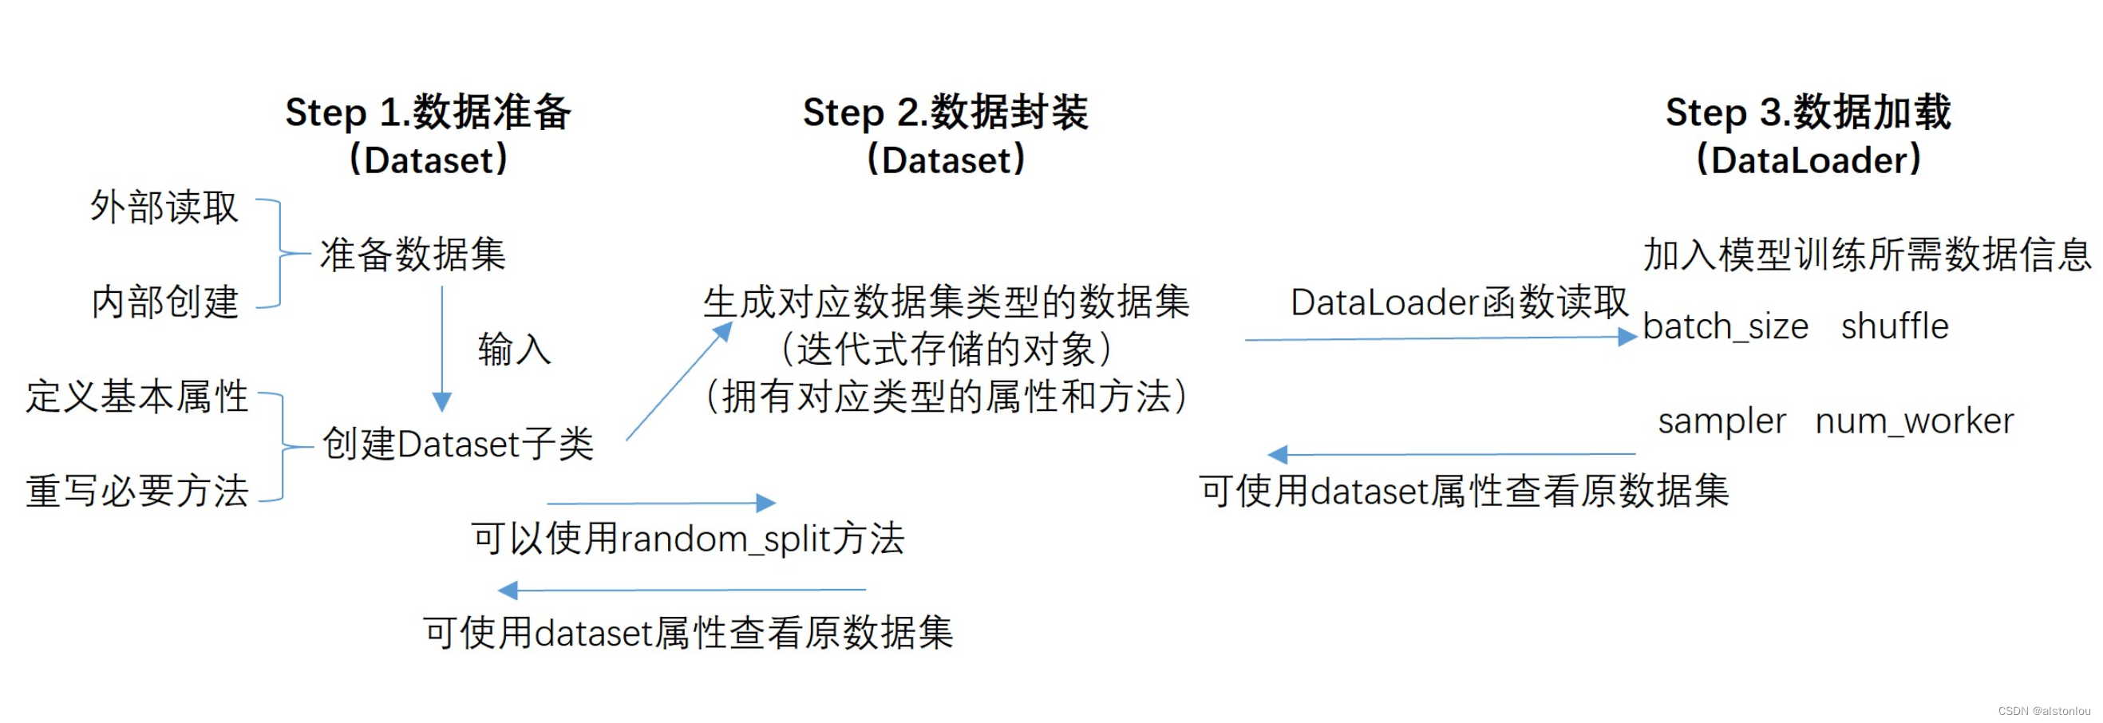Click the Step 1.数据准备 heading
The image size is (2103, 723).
428,113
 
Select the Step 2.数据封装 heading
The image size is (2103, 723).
946,113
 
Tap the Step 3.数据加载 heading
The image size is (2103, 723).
1809,113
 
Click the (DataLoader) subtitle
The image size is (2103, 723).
1809,160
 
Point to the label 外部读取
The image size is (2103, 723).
164,207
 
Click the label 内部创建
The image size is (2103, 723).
165,302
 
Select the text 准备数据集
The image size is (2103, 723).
413,255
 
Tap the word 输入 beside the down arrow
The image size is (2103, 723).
514,350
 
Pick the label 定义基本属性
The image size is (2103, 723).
137,397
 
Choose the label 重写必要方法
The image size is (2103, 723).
137,492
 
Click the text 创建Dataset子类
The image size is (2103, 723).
458,444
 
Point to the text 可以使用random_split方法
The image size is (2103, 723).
687,539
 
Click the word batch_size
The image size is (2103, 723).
1725,326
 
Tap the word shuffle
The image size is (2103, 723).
1895,326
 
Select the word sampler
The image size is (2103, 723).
1722,421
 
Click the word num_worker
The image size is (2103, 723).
1915,421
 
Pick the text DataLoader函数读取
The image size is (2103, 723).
1459,302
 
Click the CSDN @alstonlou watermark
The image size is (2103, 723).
2043,711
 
